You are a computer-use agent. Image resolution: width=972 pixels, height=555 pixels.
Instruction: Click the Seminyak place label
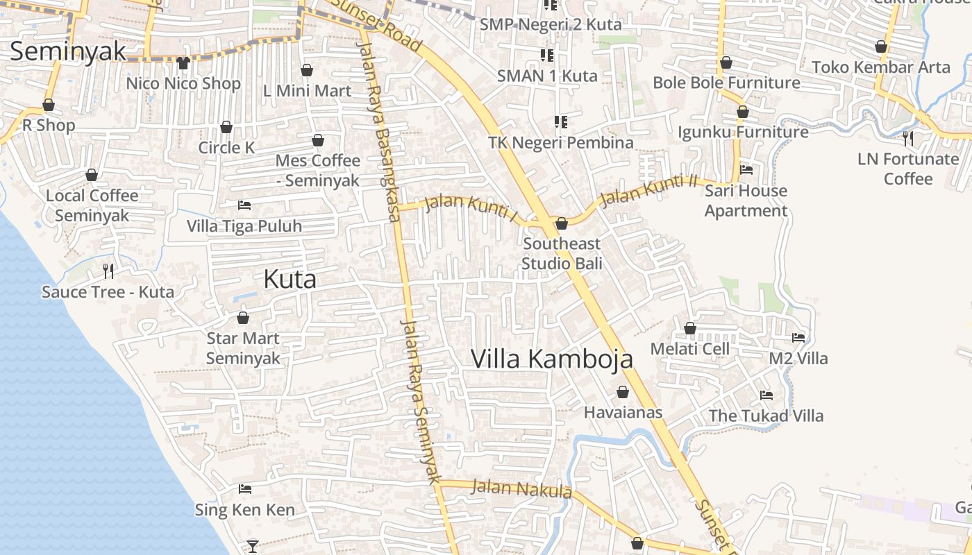(x=68, y=51)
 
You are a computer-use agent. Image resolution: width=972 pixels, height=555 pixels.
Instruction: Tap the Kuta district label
(x=290, y=279)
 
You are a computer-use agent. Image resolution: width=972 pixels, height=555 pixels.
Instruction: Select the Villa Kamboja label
(x=552, y=359)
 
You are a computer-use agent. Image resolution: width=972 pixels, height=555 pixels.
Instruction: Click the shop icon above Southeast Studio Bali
(x=562, y=223)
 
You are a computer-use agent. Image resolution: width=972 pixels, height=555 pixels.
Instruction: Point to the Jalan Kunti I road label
(x=471, y=208)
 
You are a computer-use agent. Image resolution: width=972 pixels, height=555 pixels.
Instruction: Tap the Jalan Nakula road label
(x=521, y=488)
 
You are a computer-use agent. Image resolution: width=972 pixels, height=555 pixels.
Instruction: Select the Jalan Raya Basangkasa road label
(x=379, y=132)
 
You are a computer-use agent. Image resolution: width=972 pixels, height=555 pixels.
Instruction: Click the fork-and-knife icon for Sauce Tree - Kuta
(x=108, y=271)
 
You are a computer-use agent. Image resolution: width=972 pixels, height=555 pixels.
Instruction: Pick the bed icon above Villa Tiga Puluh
(x=244, y=205)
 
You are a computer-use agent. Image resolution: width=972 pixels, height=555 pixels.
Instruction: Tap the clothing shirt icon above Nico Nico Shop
(x=183, y=63)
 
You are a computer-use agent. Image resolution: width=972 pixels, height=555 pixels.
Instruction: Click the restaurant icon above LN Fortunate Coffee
(x=908, y=139)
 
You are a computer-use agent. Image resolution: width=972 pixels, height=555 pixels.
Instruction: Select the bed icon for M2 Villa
(x=798, y=338)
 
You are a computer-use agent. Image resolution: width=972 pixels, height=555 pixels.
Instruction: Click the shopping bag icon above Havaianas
(x=623, y=392)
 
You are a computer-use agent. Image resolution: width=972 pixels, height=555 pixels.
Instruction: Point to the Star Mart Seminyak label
(x=243, y=348)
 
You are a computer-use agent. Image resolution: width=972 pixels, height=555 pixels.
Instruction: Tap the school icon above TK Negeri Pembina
(x=561, y=122)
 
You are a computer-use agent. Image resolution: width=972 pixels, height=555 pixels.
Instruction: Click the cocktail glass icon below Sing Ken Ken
(x=253, y=546)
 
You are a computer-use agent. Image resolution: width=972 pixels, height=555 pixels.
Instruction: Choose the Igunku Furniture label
(x=743, y=132)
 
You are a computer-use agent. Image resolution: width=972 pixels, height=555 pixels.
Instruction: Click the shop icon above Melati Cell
(x=690, y=328)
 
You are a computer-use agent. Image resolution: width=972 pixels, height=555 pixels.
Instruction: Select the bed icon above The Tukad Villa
(x=766, y=395)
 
